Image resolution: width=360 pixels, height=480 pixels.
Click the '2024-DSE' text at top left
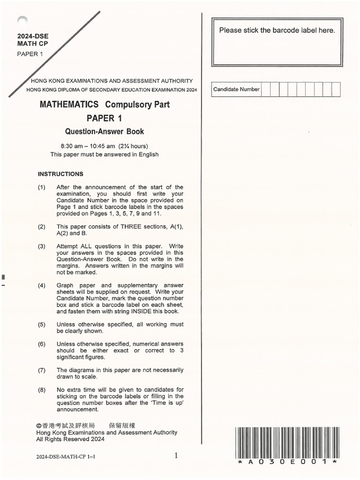pos(33,36)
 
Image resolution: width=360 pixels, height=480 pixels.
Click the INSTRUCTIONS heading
pos(60,173)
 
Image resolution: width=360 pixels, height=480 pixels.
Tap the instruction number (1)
pos(42,187)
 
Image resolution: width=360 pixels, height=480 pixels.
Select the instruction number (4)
pos(42,285)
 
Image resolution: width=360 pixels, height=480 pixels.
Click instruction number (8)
pos(42,390)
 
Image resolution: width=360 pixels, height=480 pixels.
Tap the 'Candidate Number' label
pos(236,90)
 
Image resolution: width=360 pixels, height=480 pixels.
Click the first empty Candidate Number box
pos(265,90)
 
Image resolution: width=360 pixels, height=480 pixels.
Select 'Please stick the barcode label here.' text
pos(277,30)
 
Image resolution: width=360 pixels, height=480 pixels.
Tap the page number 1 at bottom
pos(176,455)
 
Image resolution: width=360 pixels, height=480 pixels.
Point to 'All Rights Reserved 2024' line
pos(70,440)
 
